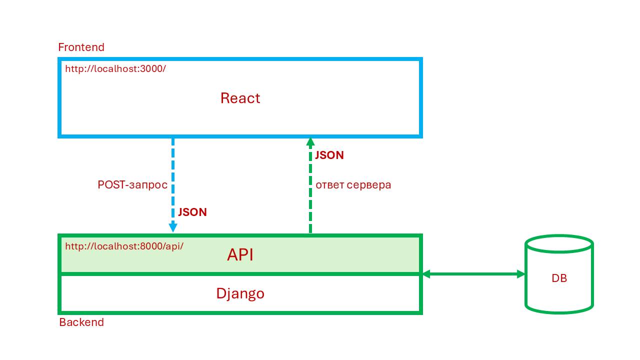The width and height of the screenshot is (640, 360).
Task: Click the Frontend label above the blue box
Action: pos(81,47)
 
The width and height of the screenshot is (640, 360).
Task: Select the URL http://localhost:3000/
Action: pos(115,68)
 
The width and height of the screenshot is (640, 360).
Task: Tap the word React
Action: pos(240,98)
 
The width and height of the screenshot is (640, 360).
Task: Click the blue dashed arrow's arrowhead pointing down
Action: pos(173,227)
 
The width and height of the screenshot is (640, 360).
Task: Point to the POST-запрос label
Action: pos(132,184)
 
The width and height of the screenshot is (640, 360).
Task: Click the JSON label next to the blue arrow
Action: pos(192,212)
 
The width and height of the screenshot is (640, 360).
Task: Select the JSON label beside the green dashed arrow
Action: pos(329,155)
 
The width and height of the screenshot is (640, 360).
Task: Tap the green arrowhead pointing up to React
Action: pos(310,142)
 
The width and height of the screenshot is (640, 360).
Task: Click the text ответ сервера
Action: pos(353,184)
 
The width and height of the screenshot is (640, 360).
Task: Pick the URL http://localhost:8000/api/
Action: pos(124,246)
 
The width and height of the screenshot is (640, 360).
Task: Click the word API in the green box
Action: pos(240,254)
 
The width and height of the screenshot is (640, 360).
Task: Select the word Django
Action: pos(240,293)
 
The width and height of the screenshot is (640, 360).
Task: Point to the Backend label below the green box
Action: pos(81,322)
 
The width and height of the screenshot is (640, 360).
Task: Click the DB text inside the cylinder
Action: pos(559,278)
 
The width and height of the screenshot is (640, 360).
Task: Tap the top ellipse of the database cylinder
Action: pos(559,244)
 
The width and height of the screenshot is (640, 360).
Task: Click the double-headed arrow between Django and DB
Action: pos(473,274)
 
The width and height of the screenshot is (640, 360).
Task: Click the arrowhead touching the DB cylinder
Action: pos(520,274)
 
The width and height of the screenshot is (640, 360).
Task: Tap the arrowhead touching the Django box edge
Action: pos(427,274)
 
